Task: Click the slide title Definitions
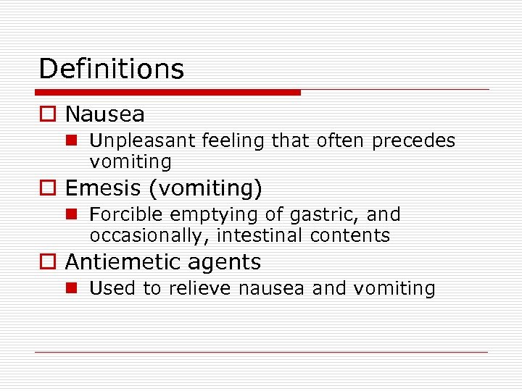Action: [112, 70]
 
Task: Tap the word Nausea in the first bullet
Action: [104, 114]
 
